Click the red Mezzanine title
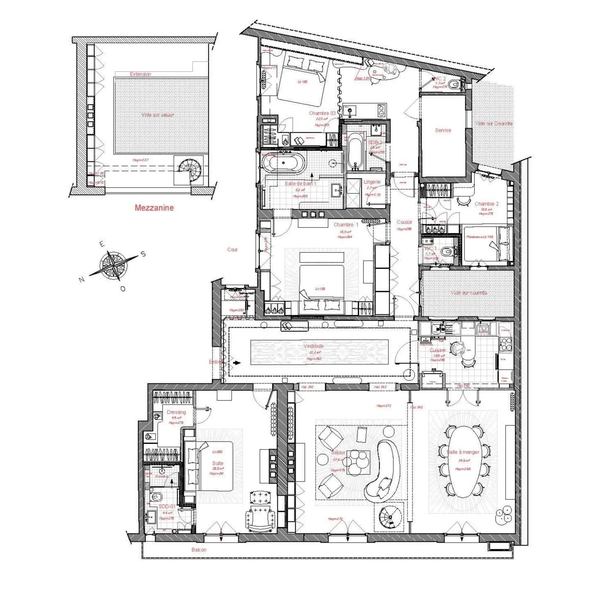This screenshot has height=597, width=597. pyautogui.click(x=154, y=207)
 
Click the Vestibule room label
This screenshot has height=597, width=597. pyautogui.click(x=313, y=346)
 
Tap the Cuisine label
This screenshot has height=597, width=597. pyautogui.click(x=437, y=350)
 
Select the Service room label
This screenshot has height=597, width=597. pyautogui.click(x=443, y=130)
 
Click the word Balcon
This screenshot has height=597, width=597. pyautogui.click(x=199, y=550)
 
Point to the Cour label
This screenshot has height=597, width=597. pyautogui.click(x=232, y=250)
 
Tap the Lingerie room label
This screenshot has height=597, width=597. pyautogui.click(x=372, y=182)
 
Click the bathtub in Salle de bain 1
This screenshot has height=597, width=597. pyautogui.click(x=284, y=162)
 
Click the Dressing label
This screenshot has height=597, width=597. pyautogui.click(x=176, y=412)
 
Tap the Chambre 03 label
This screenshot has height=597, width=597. pyautogui.click(x=322, y=113)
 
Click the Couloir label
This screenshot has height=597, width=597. pyautogui.click(x=404, y=222)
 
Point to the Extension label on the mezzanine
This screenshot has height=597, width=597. pyautogui.click(x=141, y=74)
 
